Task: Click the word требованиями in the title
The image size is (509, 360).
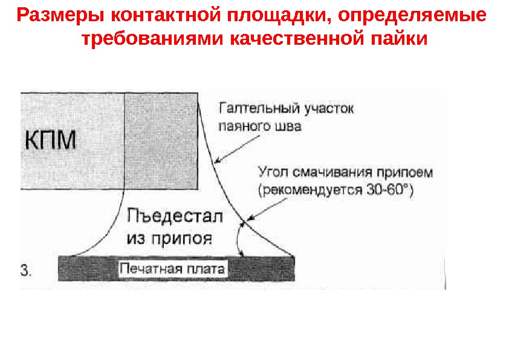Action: (x=144, y=40)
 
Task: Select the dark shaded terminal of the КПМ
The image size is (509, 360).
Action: (x=161, y=140)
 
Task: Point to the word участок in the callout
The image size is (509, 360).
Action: (x=327, y=110)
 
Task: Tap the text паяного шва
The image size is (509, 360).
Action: (x=260, y=127)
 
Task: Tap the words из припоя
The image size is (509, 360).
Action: (x=169, y=237)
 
